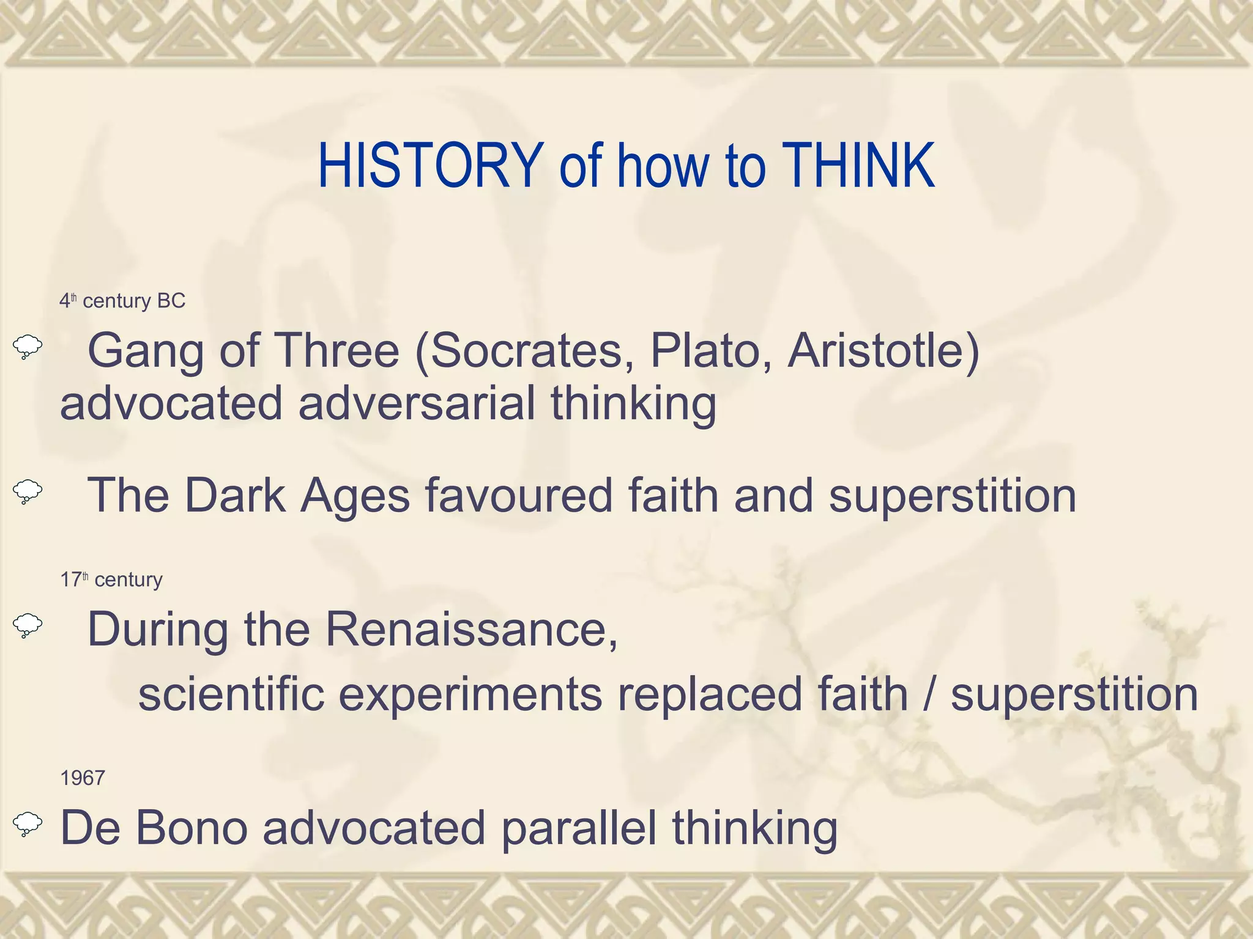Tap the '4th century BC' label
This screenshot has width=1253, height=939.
pos(122,301)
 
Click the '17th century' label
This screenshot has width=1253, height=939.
pos(111,579)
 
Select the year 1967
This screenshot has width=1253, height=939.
pos(83,778)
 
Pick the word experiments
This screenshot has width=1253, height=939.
pos(470,696)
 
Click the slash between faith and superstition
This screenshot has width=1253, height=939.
pos(929,694)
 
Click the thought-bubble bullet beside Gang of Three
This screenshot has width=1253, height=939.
pos(28,347)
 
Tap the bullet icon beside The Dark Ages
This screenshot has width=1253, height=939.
pos(28,492)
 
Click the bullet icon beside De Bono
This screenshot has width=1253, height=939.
pos(28,824)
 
